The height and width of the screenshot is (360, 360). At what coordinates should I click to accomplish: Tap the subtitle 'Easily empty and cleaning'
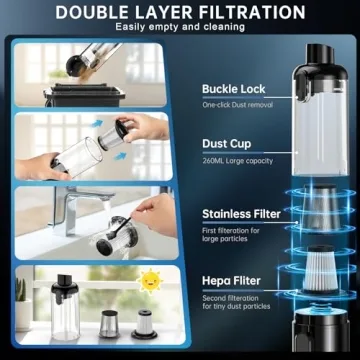[180, 28]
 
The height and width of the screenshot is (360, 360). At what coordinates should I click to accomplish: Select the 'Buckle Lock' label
[233, 89]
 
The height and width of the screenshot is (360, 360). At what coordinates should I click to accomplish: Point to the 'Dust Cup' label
[226, 145]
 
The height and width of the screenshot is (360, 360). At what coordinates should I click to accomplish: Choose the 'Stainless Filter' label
[241, 213]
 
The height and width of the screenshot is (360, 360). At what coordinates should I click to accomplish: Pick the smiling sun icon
[150, 281]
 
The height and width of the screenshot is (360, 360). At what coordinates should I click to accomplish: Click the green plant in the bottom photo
[20, 290]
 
